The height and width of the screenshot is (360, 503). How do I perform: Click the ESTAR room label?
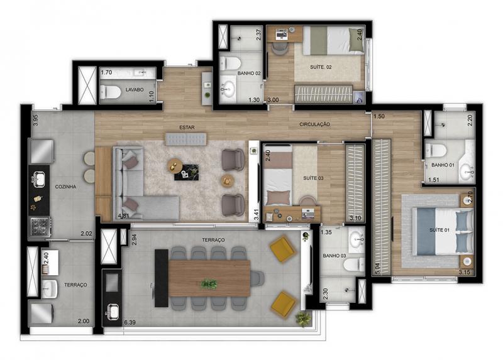[187, 128]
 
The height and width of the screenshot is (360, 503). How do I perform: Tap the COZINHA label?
[65, 187]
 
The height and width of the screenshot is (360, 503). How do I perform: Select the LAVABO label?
[135, 90]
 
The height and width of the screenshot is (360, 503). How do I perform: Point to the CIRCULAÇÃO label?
[315, 124]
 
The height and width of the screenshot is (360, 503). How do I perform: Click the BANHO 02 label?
[249, 73]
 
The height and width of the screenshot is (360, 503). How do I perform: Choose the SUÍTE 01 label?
[439, 230]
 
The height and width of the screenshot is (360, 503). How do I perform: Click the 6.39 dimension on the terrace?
[130, 322]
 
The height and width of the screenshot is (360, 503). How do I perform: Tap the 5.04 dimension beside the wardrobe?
[377, 269]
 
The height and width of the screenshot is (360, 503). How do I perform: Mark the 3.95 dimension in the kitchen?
[36, 120]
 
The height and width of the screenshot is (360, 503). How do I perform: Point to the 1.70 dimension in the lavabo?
[106, 72]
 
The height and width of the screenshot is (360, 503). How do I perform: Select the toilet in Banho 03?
[353, 265]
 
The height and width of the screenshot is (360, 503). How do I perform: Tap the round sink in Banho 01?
[467, 173]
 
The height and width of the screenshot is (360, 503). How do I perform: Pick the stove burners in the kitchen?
[40, 226]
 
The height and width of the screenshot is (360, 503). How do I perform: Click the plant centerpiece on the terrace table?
[209, 284]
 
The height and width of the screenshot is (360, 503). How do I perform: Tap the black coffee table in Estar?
[187, 173]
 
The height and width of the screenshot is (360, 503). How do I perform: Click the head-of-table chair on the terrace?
[257, 278]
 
